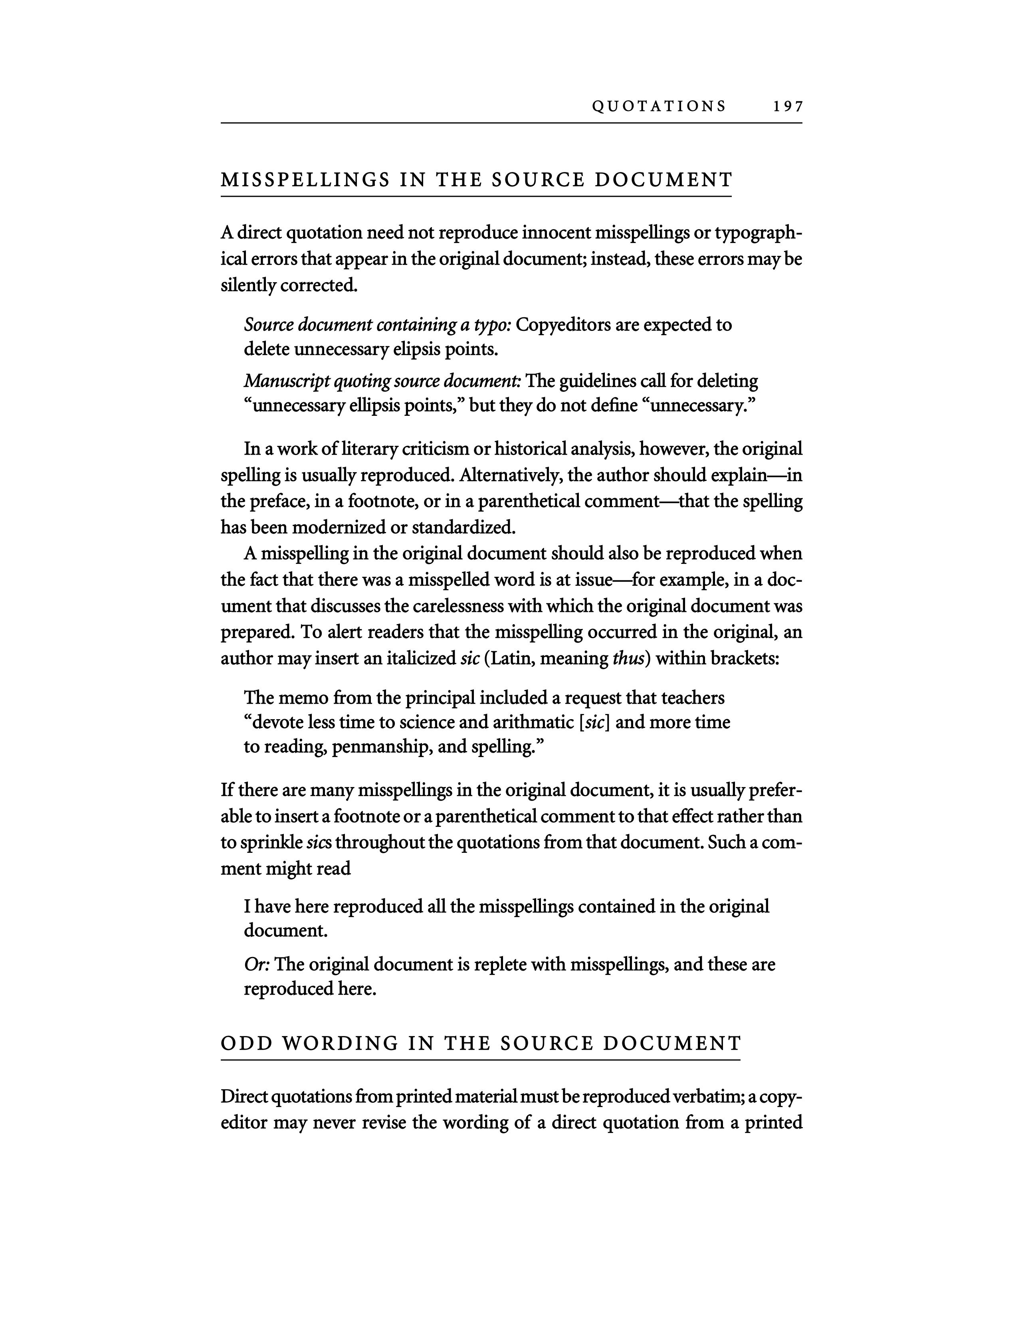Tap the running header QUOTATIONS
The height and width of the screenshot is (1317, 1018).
pyautogui.click(x=659, y=107)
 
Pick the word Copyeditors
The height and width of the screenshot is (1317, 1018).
pyautogui.click(x=564, y=325)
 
